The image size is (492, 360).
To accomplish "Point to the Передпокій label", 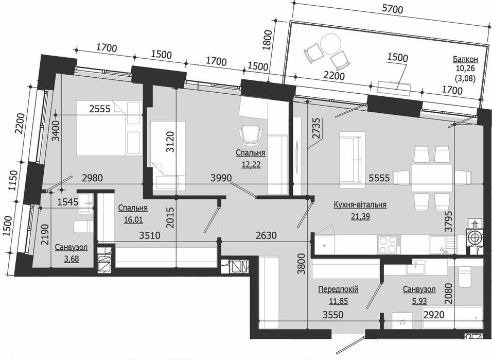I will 338,289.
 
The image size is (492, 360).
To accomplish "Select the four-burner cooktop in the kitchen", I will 387,244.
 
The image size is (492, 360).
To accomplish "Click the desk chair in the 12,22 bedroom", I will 250,135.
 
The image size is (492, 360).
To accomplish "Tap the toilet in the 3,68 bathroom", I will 82,226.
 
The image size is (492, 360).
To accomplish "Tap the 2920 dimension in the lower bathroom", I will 433,314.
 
